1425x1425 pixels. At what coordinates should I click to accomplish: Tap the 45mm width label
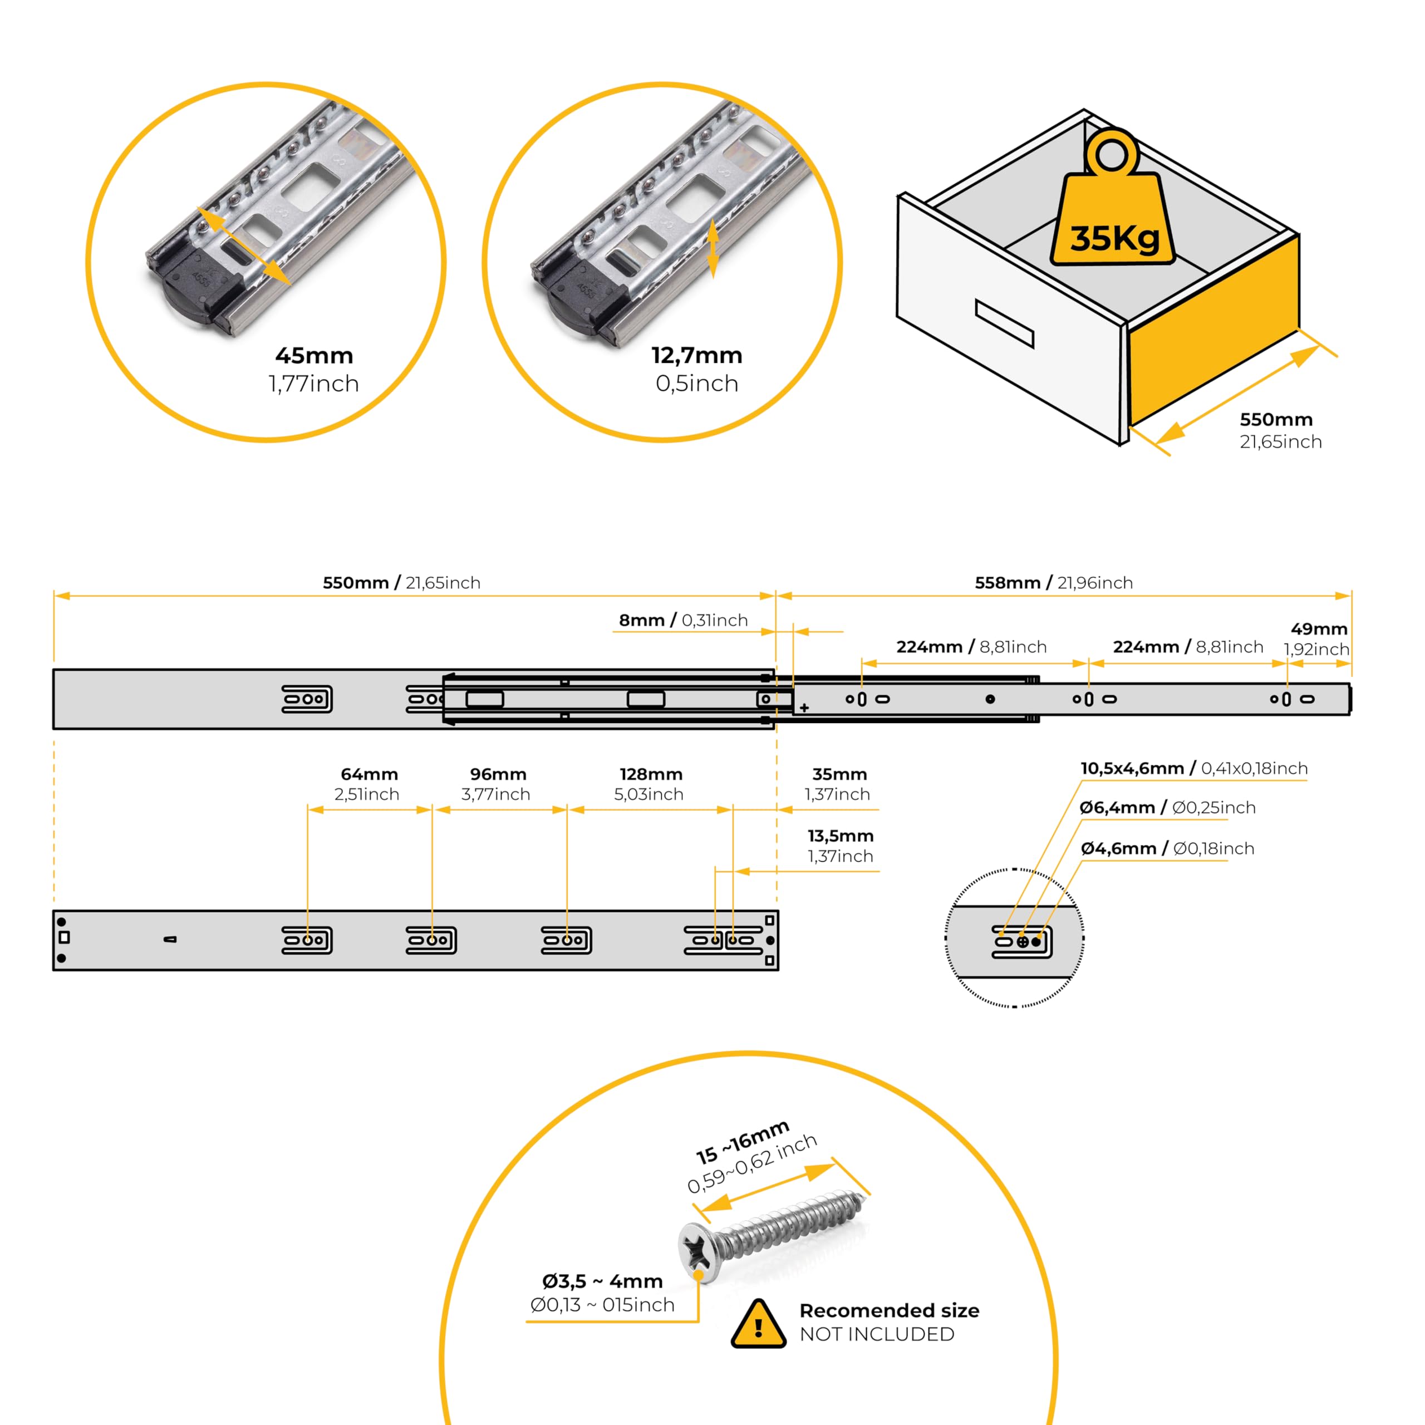314,356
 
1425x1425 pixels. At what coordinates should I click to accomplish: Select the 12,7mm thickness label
696,356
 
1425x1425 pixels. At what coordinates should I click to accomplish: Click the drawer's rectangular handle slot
1004,323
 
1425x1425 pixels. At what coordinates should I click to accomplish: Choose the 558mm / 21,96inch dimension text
1053,583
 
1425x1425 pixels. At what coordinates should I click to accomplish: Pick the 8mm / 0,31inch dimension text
683,620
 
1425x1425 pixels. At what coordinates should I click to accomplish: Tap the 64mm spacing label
369,774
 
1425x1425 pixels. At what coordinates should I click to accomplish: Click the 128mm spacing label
651,774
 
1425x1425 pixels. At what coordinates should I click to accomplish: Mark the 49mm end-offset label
1319,629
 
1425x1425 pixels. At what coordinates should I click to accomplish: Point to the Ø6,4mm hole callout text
1167,808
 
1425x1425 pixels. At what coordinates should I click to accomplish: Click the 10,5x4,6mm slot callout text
1193,769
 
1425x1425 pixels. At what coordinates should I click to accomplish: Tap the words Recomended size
889,1311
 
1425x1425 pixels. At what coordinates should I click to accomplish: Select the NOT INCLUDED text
877,1334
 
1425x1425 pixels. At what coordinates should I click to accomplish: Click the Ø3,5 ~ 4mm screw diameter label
602,1281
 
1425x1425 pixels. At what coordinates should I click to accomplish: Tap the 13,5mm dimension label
840,837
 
